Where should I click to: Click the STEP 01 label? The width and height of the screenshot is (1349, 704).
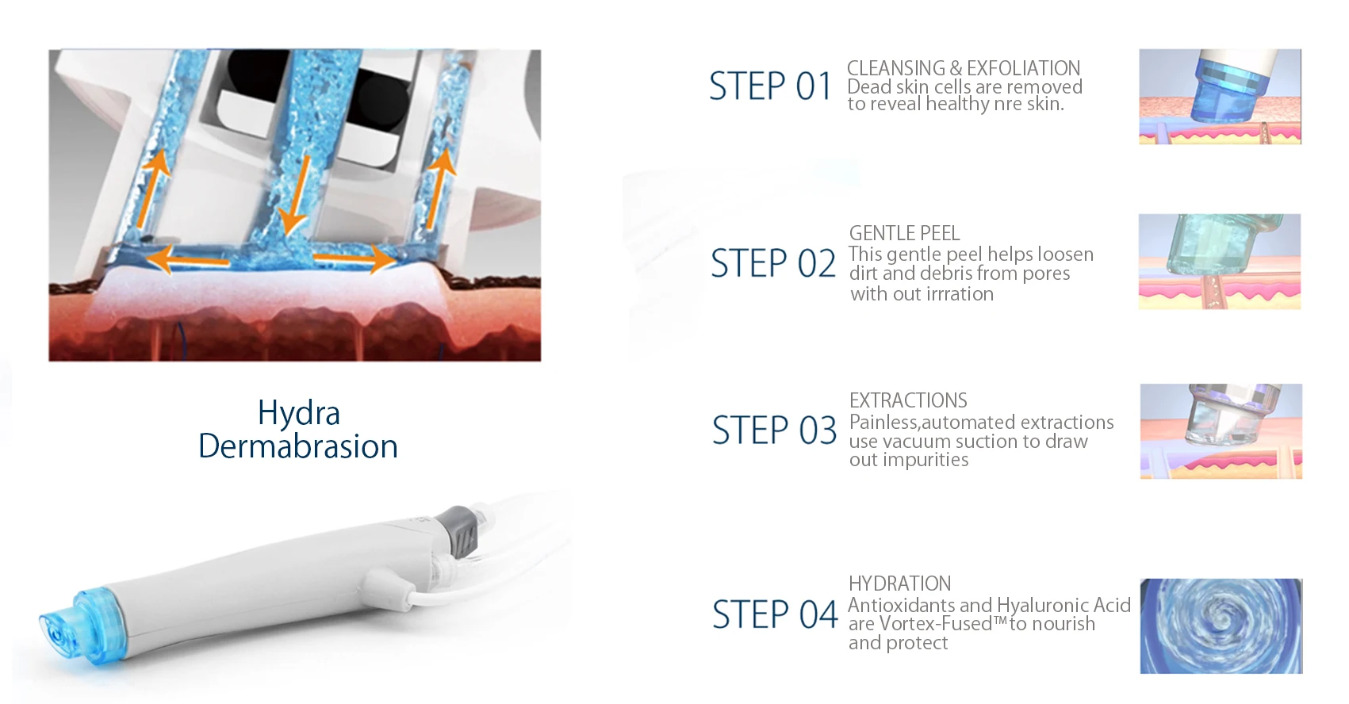point(770,86)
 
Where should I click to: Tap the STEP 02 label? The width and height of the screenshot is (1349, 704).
point(772,264)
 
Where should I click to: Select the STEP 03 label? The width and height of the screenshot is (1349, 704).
point(774,430)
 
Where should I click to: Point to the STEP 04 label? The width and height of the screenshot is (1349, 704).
point(774,615)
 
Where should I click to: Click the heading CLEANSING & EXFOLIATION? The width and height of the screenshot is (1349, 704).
point(963,68)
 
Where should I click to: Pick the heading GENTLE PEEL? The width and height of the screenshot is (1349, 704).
point(904,234)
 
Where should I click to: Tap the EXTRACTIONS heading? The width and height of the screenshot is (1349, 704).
point(908,400)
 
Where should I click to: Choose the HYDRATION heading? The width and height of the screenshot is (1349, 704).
point(899,584)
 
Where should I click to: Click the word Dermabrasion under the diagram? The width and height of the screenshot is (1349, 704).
point(297,446)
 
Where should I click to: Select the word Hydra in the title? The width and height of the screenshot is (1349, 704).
point(298,413)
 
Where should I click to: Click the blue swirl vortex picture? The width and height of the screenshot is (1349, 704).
point(1221,626)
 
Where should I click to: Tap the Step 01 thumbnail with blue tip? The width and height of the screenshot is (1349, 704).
point(1220,97)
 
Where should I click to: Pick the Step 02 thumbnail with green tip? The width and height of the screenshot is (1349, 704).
point(1219,262)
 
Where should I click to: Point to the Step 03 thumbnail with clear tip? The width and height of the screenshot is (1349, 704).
point(1221,431)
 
